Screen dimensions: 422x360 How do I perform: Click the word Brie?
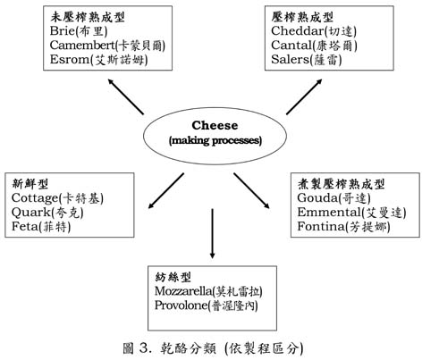pos(62,31)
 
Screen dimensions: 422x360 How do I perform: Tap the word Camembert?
pos(82,46)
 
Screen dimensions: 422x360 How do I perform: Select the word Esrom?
pos(70,60)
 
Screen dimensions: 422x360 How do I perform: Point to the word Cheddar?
pos(297,31)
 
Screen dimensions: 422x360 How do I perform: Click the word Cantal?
pos(291,46)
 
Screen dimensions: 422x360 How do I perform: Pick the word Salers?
pos(290,60)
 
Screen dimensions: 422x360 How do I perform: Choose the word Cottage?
pos(35,198)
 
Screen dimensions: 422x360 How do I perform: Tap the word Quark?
pos(31,213)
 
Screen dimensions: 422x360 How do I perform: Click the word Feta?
pos(25,227)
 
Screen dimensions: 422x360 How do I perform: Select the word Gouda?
pos(317,198)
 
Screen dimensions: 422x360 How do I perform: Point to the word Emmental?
pos(329,213)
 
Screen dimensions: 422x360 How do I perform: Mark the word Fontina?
pos(321,227)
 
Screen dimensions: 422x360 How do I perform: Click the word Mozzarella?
pos(183,291)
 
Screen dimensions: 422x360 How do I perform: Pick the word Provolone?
pos(181,306)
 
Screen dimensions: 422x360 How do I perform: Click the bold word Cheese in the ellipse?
pos(215,125)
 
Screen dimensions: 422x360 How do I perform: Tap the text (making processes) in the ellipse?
pos(215,140)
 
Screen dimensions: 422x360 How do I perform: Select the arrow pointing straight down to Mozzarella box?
pos(212,233)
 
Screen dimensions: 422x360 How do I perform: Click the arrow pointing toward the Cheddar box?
pos(304,96)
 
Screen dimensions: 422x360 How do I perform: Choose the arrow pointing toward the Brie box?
pos(126,96)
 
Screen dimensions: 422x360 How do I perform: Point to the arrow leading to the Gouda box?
pos(251,190)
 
